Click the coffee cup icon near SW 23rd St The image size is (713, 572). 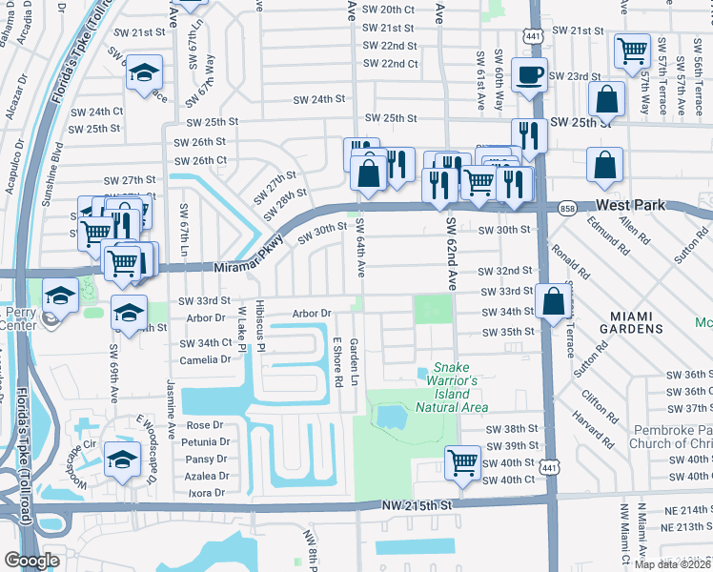(x=529, y=74)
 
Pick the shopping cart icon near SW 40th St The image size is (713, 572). (x=462, y=463)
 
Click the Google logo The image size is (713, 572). (x=31, y=560)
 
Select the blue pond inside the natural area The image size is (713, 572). (x=389, y=416)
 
